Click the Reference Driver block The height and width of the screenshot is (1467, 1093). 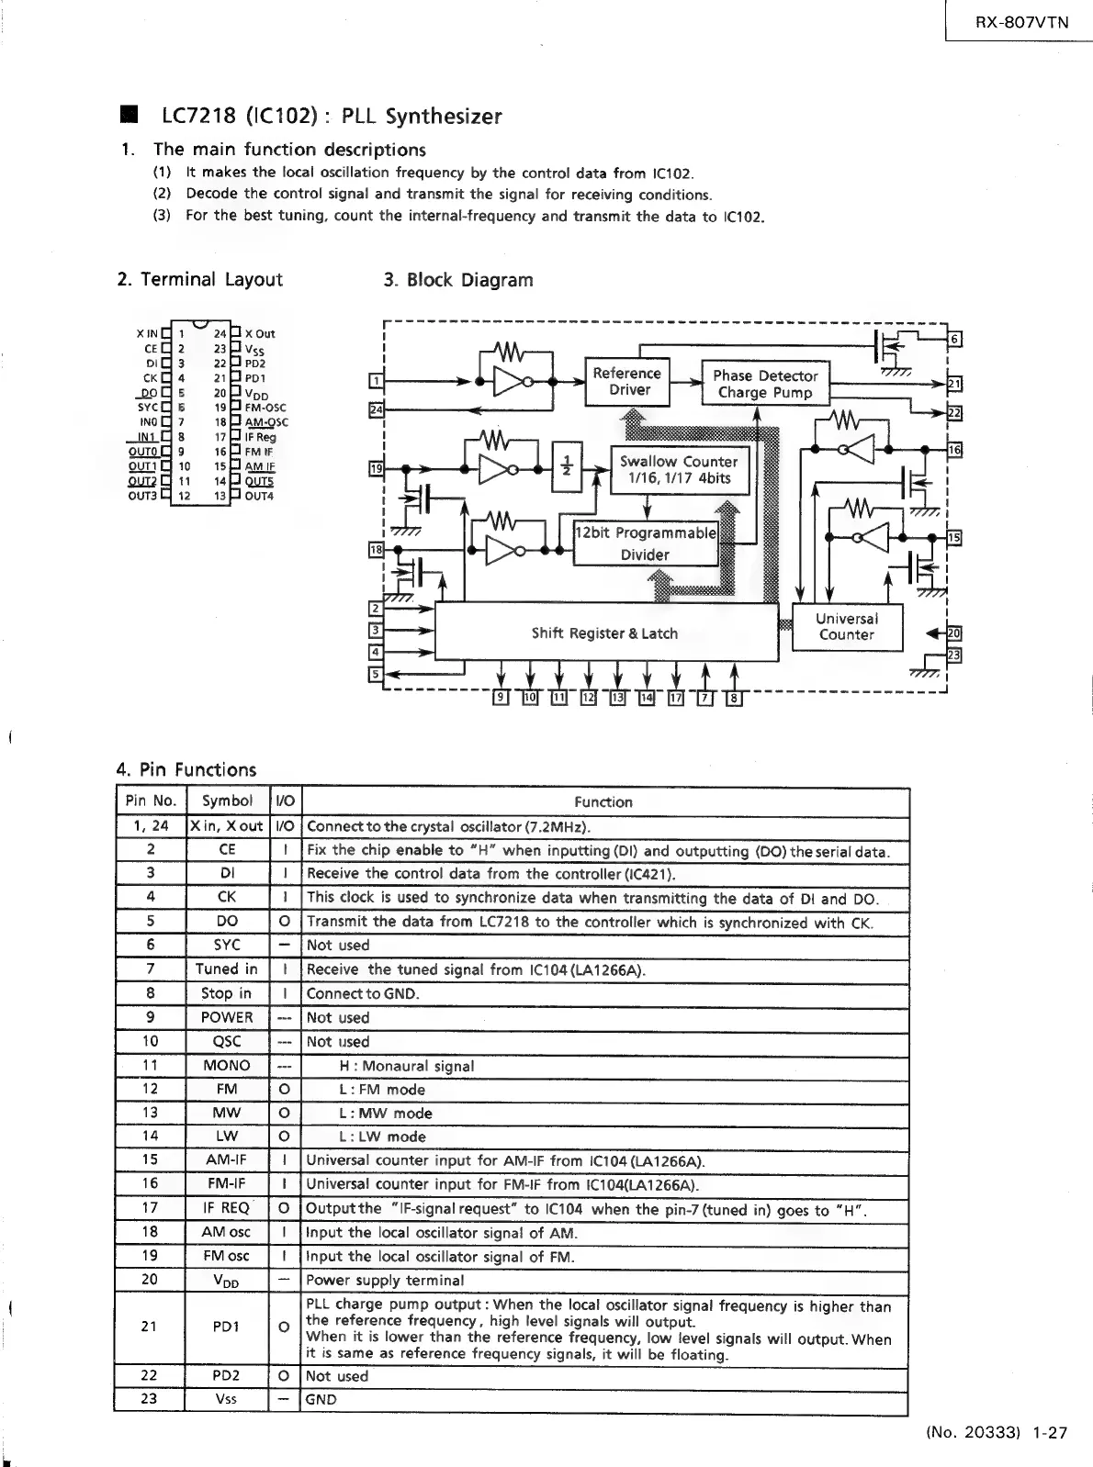(627, 381)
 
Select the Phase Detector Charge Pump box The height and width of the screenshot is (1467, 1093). (765, 384)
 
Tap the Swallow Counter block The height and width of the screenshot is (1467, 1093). (679, 469)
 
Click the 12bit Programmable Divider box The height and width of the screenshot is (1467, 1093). (645, 543)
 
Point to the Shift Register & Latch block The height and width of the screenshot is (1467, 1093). (604, 633)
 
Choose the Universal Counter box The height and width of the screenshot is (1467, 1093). (846, 627)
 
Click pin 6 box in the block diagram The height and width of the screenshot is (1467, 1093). (954, 340)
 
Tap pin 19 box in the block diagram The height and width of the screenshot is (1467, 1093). (376, 469)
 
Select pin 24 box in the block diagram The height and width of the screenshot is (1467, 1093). (376, 409)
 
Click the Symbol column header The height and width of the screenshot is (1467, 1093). (227, 801)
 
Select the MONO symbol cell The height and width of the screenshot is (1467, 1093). (227, 1065)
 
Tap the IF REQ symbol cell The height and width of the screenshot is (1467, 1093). (227, 1207)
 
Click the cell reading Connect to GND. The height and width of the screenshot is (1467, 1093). (362, 993)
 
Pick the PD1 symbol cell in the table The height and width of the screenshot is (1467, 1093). (227, 1326)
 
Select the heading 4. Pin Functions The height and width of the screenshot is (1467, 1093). (186, 769)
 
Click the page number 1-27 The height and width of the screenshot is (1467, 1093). (1049, 1431)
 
